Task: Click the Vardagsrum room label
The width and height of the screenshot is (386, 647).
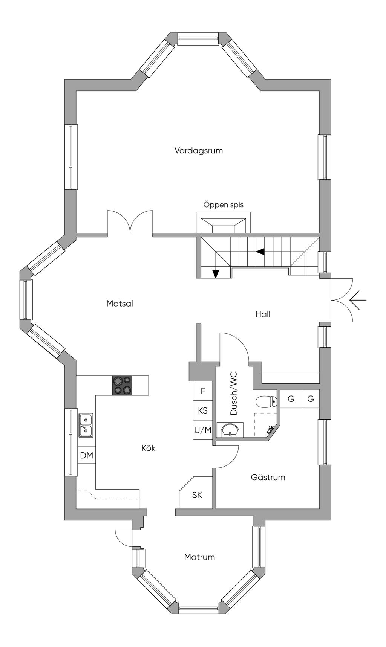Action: pos(199,151)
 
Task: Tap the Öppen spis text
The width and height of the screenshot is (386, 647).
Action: pos(224,205)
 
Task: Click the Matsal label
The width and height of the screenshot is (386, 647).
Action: pos(119,303)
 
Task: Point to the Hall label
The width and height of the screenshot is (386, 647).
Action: pos(263,314)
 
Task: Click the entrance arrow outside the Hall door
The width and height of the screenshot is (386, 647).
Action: pos(358,300)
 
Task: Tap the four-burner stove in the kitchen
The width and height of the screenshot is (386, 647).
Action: pos(122,385)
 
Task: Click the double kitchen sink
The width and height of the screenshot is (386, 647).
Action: pos(86,425)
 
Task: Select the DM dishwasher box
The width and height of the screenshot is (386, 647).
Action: pos(87,455)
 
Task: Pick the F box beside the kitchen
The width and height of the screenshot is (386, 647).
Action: pos(203,391)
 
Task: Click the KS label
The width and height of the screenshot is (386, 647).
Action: pos(203,410)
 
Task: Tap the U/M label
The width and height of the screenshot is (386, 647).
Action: pos(203,430)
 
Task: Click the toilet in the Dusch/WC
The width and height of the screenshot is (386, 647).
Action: pos(267,403)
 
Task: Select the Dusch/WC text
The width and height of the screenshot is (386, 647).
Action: pos(234,393)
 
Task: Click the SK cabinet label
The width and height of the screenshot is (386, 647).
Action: pos(197,495)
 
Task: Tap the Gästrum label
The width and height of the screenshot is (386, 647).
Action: pos(268,477)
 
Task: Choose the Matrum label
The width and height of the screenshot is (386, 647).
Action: pos(199,557)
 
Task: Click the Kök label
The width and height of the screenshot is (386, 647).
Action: pos(149,448)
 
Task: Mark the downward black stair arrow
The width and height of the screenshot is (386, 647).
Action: pos(216,274)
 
